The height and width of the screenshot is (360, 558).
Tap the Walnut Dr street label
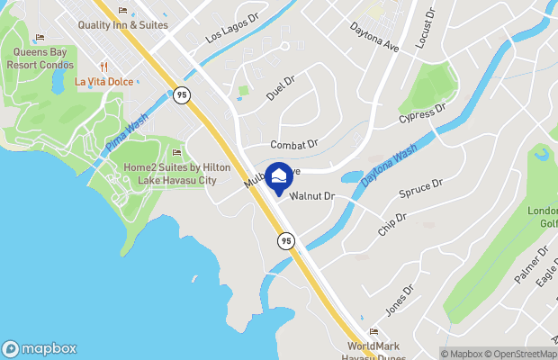pyautogui.click(x=312, y=195)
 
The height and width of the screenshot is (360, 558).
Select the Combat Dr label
pyautogui.click(x=294, y=144)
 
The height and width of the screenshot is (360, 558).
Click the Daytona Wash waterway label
pyautogui.click(x=389, y=166)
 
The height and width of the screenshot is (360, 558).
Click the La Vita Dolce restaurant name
pyautogui.click(x=104, y=81)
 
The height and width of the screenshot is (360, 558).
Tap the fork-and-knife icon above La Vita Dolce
pyautogui.click(x=104, y=66)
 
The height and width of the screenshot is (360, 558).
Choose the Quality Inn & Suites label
pyautogui.click(x=123, y=25)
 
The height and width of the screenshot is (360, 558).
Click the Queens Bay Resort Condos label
pyautogui.click(x=40, y=58)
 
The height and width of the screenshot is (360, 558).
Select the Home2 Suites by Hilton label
pyautogui.click(x=176, y=174)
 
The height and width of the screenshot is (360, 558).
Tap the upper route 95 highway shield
pyautogui.click(x=183, y=94)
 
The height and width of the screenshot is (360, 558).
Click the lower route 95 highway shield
pyautogui.click(x=285, y=240)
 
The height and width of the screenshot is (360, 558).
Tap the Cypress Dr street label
pyautogui.click(x=424, y=119)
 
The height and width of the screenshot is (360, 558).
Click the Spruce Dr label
pyautogui.click(x=421, y=190)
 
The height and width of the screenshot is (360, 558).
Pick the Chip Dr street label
pyautogui.click(x=393, y=224)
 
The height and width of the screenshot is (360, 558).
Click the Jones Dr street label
pyautogui.click(x=399, y=300)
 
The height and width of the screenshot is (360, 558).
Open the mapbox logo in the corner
pyautogui.click(x=40, y=349)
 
